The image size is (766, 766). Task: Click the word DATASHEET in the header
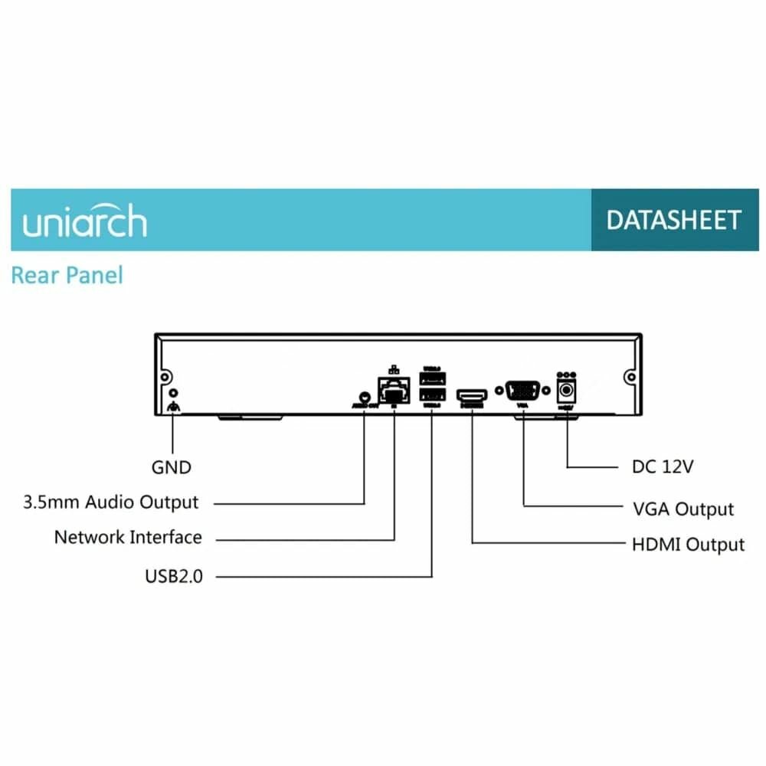[674, 221]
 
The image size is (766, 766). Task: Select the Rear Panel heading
[67, 275]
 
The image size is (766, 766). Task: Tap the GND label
[171, 466]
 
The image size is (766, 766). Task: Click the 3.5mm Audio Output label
[111, 502]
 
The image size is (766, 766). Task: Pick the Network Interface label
[128, 537]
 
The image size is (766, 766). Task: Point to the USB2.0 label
[174, 576]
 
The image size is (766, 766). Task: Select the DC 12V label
[663, 466]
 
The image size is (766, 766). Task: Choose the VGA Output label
[683, 509]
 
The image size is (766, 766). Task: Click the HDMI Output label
[688, 545]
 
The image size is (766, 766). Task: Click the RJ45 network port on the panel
[393, 391]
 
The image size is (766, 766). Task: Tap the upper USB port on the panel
[432, 379]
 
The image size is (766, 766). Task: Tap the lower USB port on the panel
[432, 395]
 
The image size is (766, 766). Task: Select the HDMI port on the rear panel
[473, 395]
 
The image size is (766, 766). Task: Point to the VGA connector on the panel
[523, 390]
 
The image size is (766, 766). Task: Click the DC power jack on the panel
[567, 390]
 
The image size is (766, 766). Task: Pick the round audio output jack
[365, 396]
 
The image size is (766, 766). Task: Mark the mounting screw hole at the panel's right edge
[630, 377]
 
